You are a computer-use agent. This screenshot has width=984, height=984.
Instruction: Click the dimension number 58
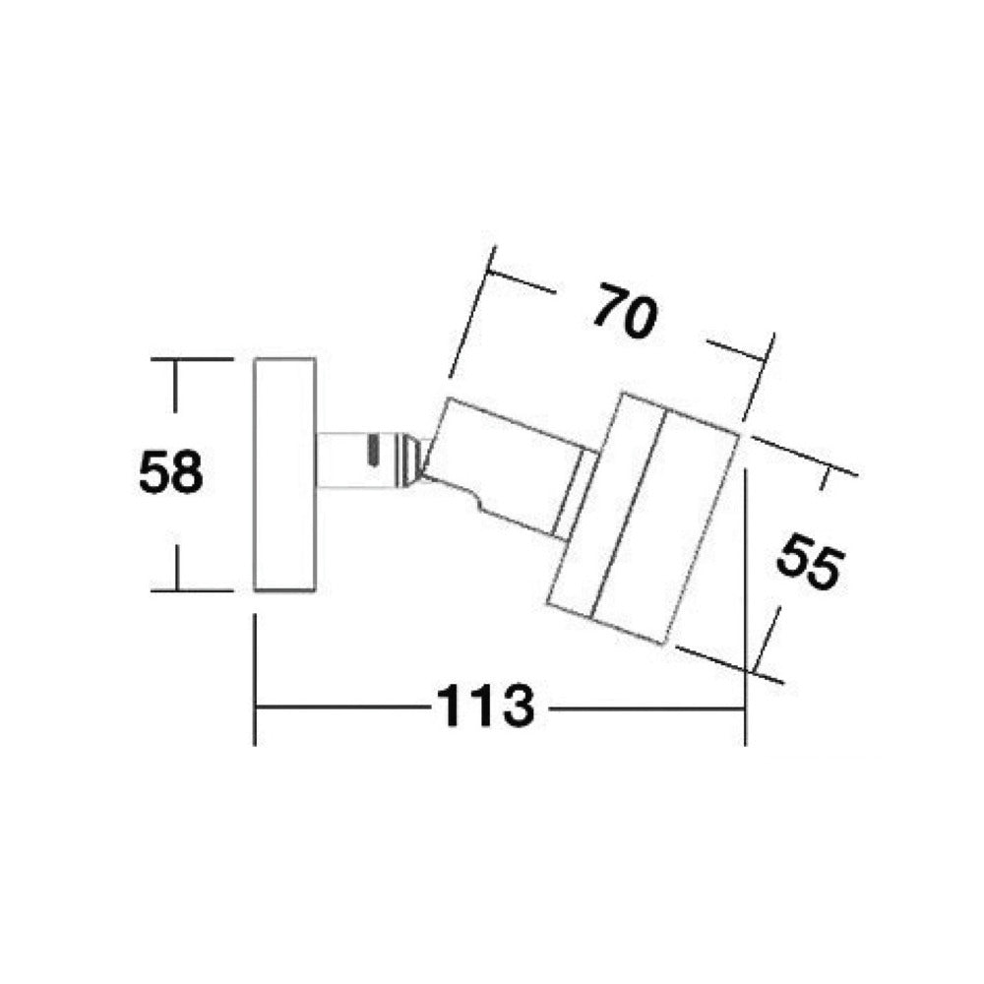tap(170, 472)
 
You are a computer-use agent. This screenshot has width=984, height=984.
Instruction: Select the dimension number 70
tap(626, 312)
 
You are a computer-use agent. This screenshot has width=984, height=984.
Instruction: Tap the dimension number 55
tap(810, 561)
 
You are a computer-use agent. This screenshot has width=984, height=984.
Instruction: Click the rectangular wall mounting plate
tap(284, 474)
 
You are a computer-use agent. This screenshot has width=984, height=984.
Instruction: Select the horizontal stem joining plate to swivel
tap(358, 460)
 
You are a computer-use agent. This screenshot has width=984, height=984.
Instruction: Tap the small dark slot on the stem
tap(373, 451)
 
